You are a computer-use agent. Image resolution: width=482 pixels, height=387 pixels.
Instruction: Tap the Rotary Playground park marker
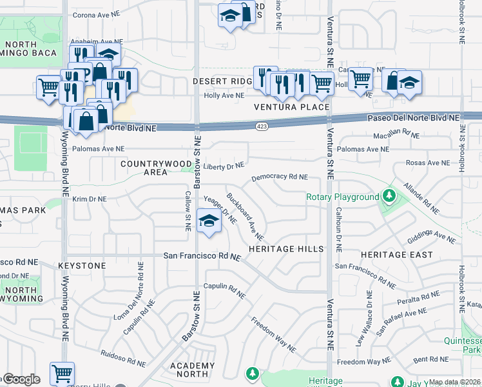pyautogui.click(x=388, y=195)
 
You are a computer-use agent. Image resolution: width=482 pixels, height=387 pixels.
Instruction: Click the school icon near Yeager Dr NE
pyautogui.click(x=208, y=221)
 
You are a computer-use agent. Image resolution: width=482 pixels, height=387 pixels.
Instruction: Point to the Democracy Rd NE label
pyautogui.click(x=280, y=177)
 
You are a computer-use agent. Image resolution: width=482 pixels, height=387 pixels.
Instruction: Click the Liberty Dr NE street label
pyautogui.click(x=224, y=166)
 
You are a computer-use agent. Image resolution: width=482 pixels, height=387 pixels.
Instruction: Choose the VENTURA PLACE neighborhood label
pyautogui.click(x=291, y=106)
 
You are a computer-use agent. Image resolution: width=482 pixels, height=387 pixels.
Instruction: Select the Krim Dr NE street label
pyautogui.click(x=88, y=199)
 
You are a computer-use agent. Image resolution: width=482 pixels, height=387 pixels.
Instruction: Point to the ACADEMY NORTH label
pyautogui.click(x=192, y=370)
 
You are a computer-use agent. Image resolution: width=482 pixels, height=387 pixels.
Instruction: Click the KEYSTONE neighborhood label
pyautogui.click(x=82, y=266)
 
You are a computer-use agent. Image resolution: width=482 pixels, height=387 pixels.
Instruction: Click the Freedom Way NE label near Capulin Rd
pyautogui.click(x=273, y=335)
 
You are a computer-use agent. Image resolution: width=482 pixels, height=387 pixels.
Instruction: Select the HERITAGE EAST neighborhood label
pyautogui.click(x=396, y=255)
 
